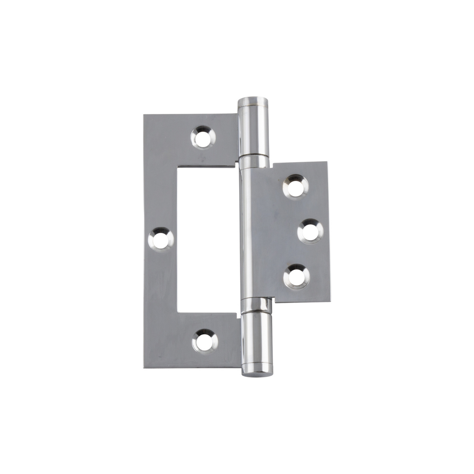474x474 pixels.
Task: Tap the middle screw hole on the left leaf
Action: click(161, 240)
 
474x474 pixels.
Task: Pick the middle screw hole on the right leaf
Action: click(310, 232)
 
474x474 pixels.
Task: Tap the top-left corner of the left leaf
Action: click(145, 115)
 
